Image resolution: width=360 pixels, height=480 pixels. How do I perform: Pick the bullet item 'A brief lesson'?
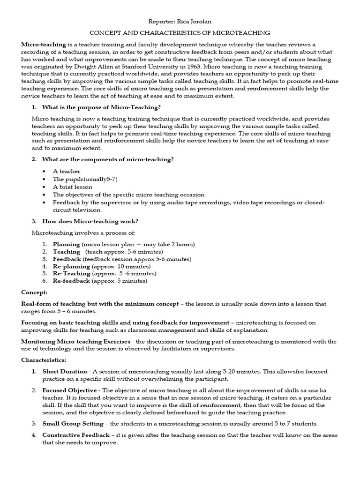click(x=72, y=187)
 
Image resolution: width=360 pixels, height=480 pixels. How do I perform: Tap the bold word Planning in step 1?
click(x=66, y=244)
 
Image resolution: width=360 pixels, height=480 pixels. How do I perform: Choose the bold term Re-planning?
click(x=71, y=266)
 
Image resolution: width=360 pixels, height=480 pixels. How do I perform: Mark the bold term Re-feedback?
click(x=71, y=281)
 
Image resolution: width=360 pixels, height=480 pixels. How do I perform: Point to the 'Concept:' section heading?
click(x=34, y=292)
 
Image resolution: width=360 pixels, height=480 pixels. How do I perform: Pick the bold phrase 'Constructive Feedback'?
click(x=76, y=435)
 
